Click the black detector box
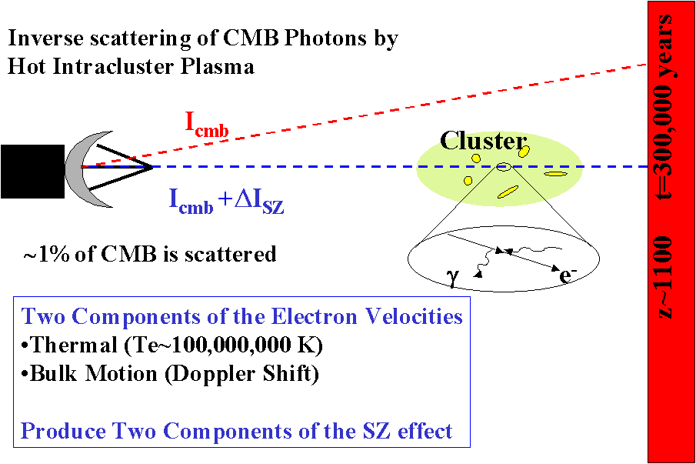(x=32, y=171)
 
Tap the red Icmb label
(x=206, y=123)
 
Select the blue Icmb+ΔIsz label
(x=226, y=200)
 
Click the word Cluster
(x=483, y=141)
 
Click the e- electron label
(x=568, y=275)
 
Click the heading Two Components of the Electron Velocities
(x=242, y=316)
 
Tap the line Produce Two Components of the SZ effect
(x=236, y=431)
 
